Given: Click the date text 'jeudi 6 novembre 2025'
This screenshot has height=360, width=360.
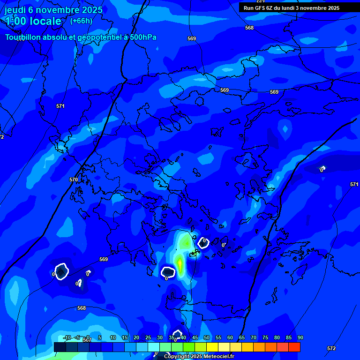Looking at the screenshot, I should (x=53, y=10).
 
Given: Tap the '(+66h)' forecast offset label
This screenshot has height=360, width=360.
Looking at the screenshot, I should (x=81, y=21).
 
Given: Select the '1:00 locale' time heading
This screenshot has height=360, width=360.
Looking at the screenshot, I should (x=33, y=21).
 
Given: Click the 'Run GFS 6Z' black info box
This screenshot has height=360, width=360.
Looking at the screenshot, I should (x=292, y=8).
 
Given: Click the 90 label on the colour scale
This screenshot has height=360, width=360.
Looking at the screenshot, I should (x=300, y=337).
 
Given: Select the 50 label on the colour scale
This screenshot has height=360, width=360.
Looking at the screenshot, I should (x=207, y=337).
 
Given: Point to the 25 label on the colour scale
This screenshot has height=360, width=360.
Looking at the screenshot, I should (x=148, y=337).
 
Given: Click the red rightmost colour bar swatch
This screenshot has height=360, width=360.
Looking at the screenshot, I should (x=294, y=347).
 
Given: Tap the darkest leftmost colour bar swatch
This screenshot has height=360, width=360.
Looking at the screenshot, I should (x=60, y=347).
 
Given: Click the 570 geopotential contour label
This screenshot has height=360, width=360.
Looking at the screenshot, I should (x=74, y=180).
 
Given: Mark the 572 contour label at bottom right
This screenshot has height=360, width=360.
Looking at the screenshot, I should (x=331, y=348).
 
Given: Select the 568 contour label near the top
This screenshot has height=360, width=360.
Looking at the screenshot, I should (x=249, y=28).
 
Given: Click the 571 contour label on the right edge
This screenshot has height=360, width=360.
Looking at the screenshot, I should (x=354, y=184).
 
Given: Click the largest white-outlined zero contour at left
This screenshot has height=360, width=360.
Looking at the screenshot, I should (x=62, y=272).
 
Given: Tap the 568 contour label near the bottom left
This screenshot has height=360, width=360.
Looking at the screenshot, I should (x=82, y=308).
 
